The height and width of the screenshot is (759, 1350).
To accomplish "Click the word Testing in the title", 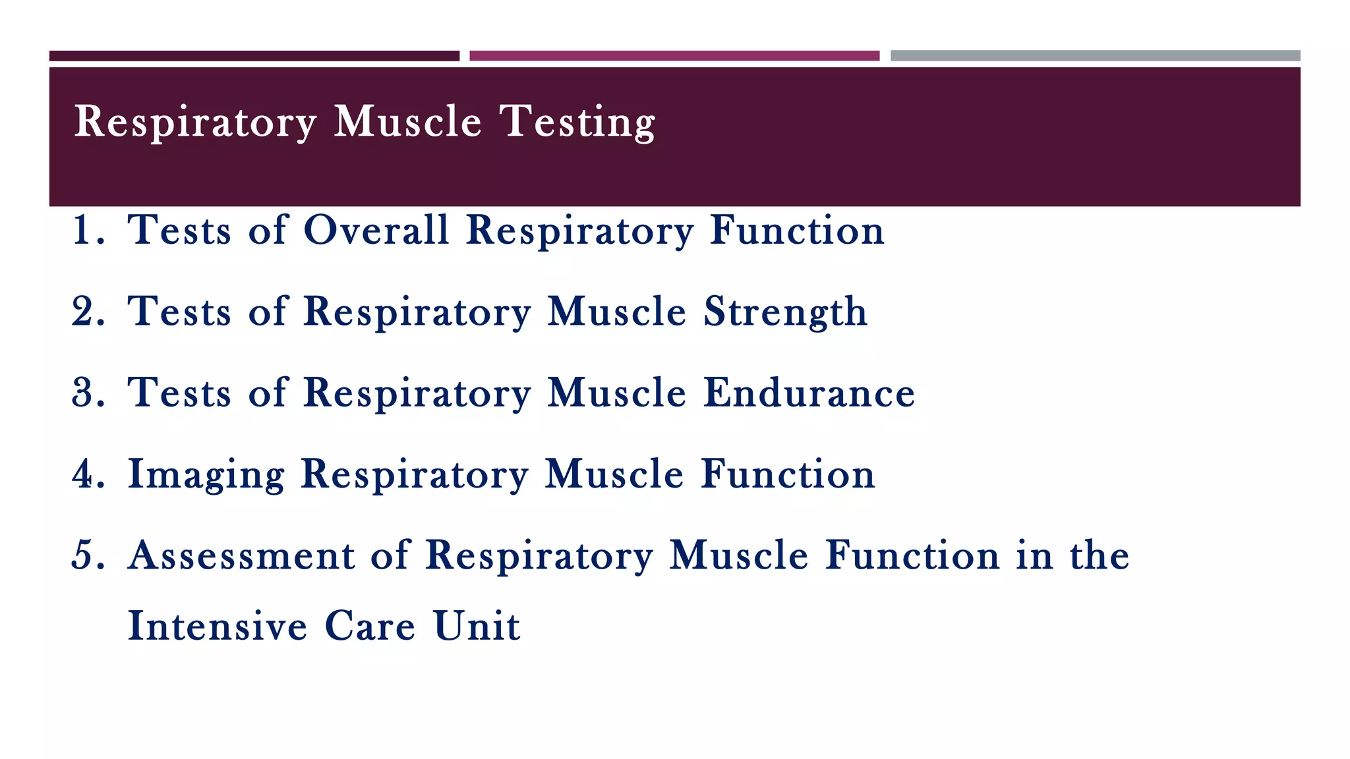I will [x=577, y=123].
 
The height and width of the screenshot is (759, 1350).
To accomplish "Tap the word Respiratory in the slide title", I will [x=195, y=123].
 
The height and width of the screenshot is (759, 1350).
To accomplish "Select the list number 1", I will [x=87, y=231].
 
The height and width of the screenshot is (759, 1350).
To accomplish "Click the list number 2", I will [x=87, y=312].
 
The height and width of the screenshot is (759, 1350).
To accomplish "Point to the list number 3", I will [x=87, y=393].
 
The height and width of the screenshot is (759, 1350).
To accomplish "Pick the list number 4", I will [x=87, y=474].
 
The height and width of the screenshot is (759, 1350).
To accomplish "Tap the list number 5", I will [x=87, y=555].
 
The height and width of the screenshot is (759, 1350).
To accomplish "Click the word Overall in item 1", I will [x=376, y=231].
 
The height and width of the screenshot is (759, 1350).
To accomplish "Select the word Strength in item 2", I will [x=785, y=312].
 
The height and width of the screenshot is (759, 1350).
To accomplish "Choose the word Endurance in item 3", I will [x=809, y=393].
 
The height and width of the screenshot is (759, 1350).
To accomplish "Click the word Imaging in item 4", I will [x=206, y=475].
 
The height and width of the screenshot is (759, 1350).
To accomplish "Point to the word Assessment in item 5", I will [x=241, y=555].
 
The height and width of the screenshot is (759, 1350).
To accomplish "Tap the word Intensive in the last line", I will [x=217, y=625].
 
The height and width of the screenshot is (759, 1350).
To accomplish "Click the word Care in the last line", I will [x=370, y=625].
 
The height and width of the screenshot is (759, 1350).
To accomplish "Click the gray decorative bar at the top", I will [x=1095, y=56].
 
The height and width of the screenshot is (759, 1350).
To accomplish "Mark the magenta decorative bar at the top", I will [x=674, y=56].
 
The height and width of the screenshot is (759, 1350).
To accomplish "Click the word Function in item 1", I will [x=797, y=231].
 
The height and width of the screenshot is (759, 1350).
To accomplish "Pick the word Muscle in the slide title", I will [x=408, y=123].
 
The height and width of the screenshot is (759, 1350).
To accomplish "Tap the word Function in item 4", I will [x=788, y=474].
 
